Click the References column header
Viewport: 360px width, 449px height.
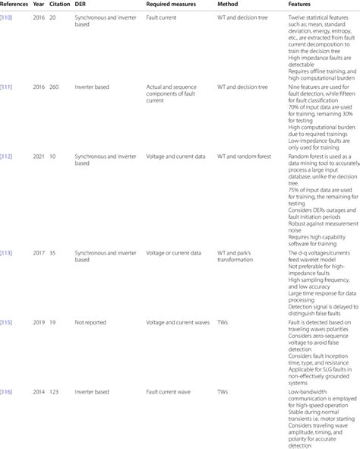click(17, 4)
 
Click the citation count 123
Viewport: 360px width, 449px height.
click(59, 368)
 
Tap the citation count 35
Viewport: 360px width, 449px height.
click(58, 230)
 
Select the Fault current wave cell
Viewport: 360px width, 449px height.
click(169, 368)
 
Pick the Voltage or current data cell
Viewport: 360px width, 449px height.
click(173, 230)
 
